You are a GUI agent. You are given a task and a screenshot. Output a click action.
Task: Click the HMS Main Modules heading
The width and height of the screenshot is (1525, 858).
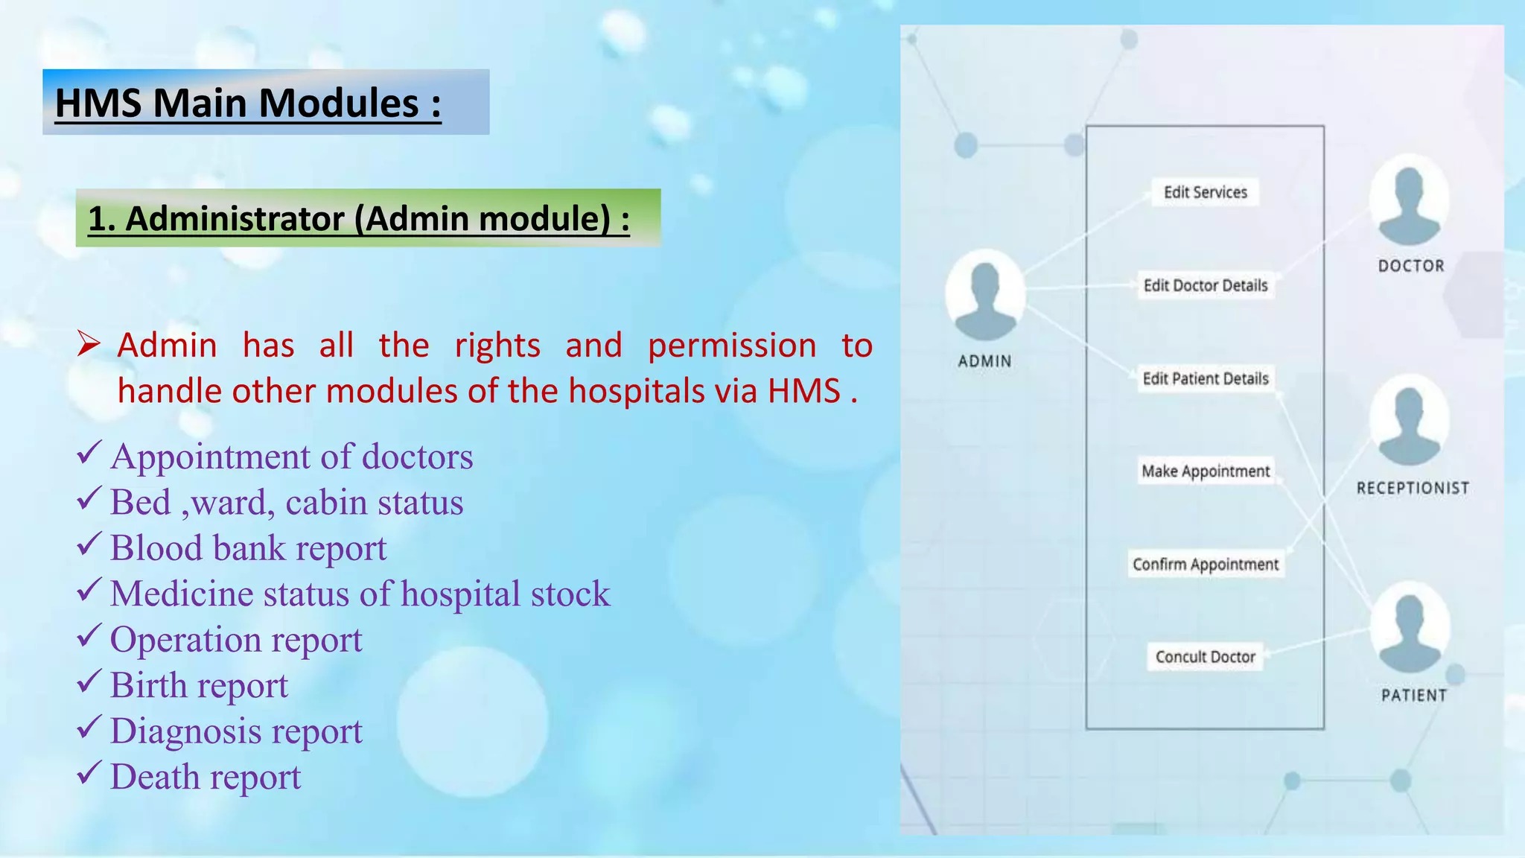click(x=248, y=103)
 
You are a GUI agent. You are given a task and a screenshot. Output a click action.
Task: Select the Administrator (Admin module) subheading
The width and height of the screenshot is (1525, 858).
click(x=359, y=219)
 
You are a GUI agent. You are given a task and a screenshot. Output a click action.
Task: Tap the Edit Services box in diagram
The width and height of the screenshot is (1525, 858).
click(x=1205, y=192)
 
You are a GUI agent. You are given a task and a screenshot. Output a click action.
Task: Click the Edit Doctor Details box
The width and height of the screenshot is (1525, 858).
click(x=1205, y=285)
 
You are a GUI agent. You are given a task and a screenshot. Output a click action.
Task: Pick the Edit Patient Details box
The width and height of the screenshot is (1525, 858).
click(x=1205, y=378)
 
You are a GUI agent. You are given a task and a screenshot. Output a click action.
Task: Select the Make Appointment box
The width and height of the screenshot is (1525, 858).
click(x=1205, y=471)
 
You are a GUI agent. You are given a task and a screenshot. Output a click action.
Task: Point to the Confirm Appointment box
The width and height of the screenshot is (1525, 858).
click(x=1205, y=565)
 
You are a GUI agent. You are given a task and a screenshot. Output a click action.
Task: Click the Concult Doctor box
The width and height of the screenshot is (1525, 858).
click(x=1205, y=657)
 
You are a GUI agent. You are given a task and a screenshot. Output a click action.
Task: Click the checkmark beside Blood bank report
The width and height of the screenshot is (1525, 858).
click(x=89, y=545)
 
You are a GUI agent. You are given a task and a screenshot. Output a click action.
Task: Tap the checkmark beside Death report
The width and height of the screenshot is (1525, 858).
click(x=89, y=774)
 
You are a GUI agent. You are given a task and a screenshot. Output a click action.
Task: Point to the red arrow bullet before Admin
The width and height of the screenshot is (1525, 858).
click(x=89, y=344)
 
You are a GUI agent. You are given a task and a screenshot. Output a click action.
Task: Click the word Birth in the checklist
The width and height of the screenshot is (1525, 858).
click(x=148, y=685)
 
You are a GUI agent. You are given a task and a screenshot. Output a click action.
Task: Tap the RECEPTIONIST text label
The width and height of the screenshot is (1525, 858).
click(x=1412, y=489)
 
